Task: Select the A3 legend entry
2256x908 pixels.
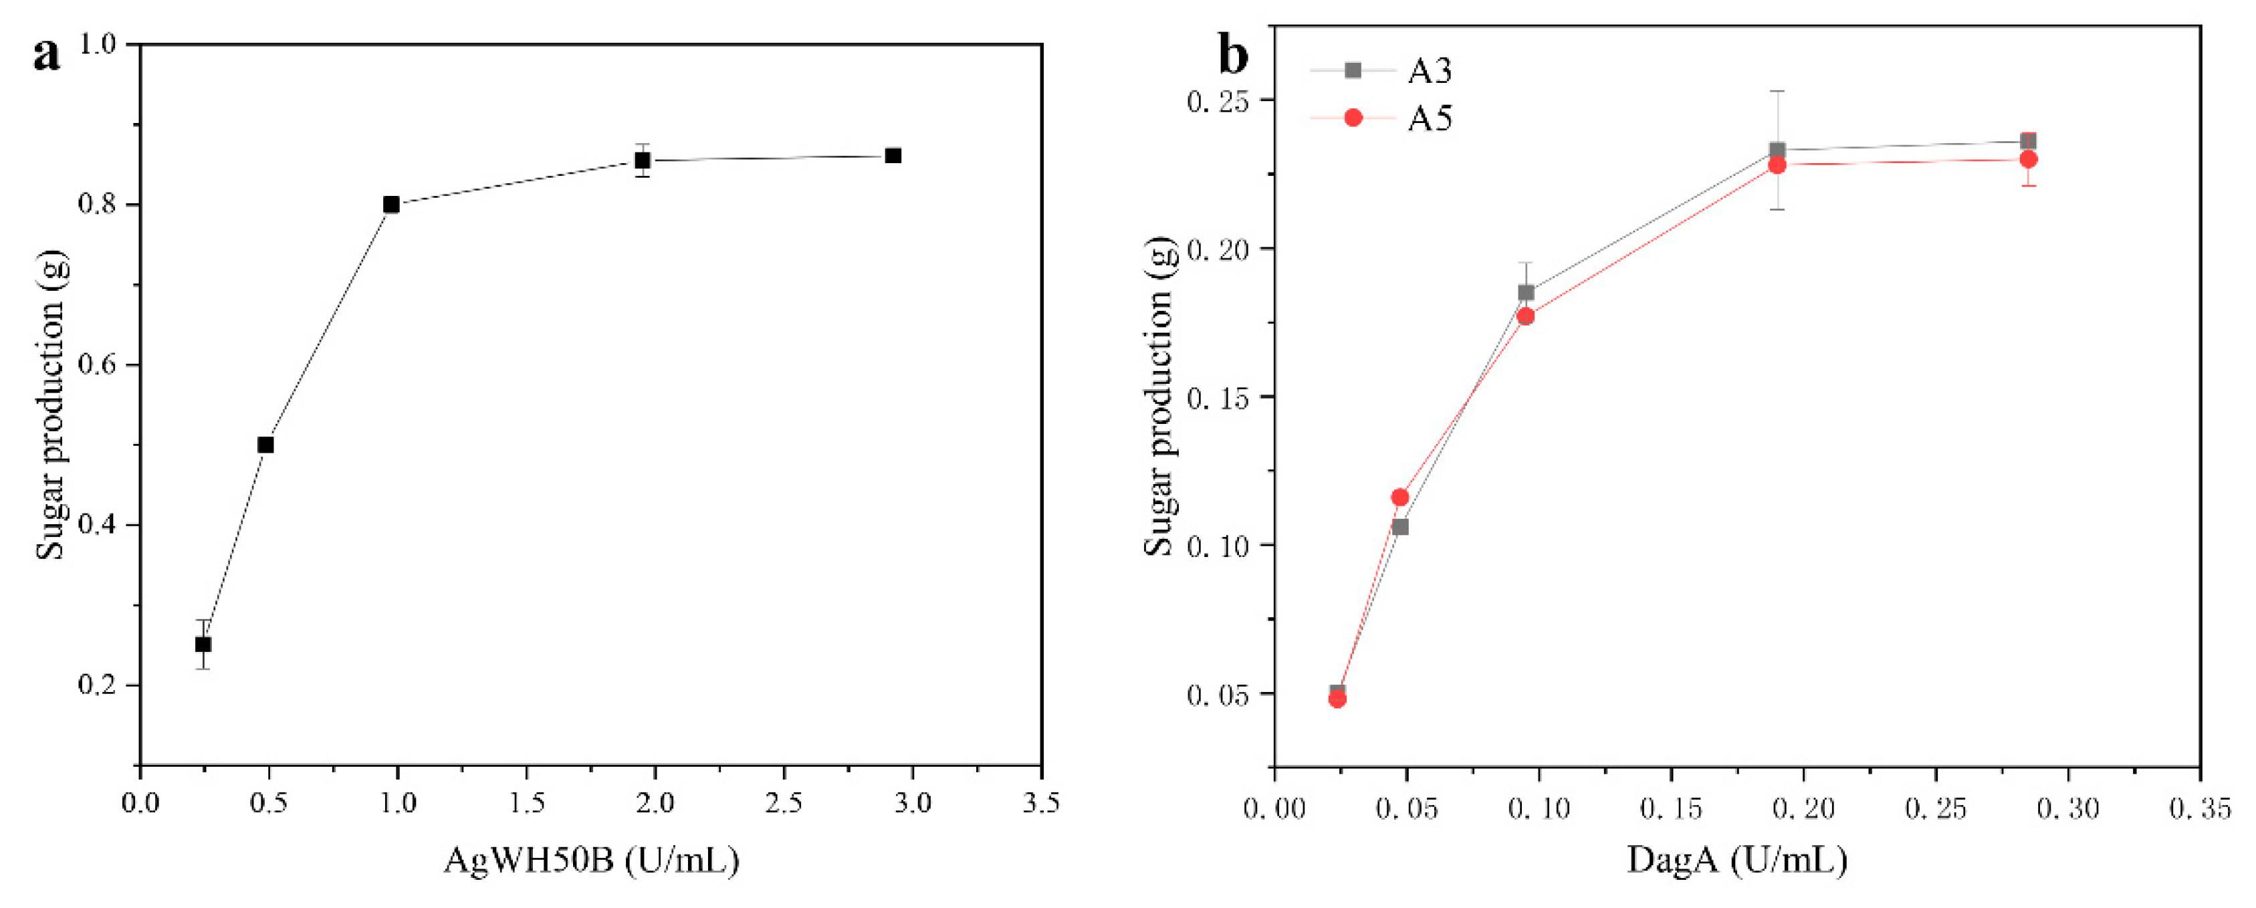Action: [x=1430, y=70]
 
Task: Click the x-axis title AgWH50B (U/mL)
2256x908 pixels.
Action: [x=591, y=860]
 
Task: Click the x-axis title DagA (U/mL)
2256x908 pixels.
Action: [x=1736, y=860]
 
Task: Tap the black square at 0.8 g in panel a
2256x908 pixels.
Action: [x=391, y=205]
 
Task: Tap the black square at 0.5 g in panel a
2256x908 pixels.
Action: [x=265, y=445]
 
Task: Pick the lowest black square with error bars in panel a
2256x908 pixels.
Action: [x=203, y=645]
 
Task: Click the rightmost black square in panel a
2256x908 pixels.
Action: [x=893, y=156]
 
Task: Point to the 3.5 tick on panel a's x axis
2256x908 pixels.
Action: [x=1040, y=803]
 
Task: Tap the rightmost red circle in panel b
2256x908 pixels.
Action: [x=2028, y=159]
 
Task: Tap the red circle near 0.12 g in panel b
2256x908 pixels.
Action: [x=1400, y=497]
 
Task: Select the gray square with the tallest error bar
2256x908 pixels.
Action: [x=1777, y=150]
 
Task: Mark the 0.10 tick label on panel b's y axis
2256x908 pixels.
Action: [x=1218, y=546]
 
